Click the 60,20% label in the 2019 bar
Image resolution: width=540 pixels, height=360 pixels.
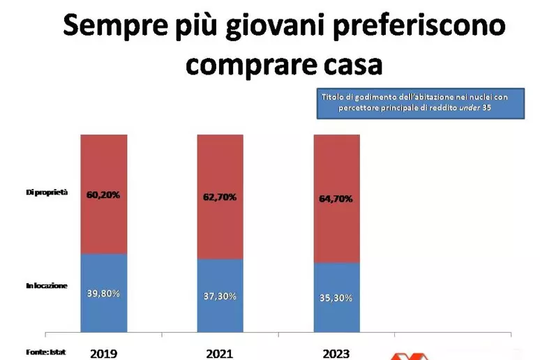click(x=103, y=195)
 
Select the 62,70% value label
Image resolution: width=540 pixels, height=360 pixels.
click(x=220, y=197)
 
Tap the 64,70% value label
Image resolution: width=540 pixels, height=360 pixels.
click(x=336, y=199)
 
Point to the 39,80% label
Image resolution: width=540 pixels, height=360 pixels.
click(x=103, y=294)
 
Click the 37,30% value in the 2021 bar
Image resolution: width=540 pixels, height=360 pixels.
click(x=220, y=297)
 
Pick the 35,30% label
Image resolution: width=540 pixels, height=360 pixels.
click(x=336, y=298)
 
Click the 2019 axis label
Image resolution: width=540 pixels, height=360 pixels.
click(x=104, y=354)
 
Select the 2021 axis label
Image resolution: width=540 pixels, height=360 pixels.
click(x=219, y=354)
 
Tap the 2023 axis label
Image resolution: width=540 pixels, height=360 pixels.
click(x=336, y=354)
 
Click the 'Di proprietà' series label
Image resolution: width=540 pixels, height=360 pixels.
click(x=47, y=193)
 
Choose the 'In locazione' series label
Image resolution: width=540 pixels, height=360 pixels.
click(x=47, y=285)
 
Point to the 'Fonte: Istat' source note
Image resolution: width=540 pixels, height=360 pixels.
click(x=46, y=352)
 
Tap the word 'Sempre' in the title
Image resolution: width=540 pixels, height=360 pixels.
click(x=115, y=27)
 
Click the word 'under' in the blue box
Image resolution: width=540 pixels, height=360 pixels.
click(x=470, y=107)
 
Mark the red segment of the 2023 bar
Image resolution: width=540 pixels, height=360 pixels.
click(x=337, y=199)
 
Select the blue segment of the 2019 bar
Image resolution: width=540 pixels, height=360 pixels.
click(x=104, y=293)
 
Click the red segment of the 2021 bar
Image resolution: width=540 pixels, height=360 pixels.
click(x=220, y=197)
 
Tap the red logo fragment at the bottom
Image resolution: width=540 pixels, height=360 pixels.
click(x=410, y=357)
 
